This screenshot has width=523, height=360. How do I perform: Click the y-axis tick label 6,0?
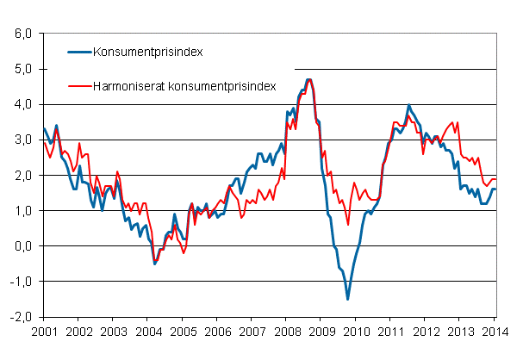click(21, 34)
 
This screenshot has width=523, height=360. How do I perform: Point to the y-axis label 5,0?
click(21, 69)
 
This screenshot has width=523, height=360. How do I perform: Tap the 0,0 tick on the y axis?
click(21, 246)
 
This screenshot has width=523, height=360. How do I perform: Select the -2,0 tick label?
click(19, 317)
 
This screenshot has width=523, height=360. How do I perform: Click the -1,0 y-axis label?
click(19, 282)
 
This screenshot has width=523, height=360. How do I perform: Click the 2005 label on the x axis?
click(182, 331)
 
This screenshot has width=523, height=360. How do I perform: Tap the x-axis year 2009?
click(321, 331)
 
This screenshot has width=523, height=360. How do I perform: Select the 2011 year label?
click(390, 331)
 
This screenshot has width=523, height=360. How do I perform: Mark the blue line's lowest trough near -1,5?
click(348, 299)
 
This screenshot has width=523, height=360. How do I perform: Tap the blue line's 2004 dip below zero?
click(155, 263)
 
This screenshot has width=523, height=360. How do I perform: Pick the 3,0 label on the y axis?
click(21, 140)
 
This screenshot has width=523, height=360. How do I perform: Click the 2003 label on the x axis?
click(113, 331)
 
